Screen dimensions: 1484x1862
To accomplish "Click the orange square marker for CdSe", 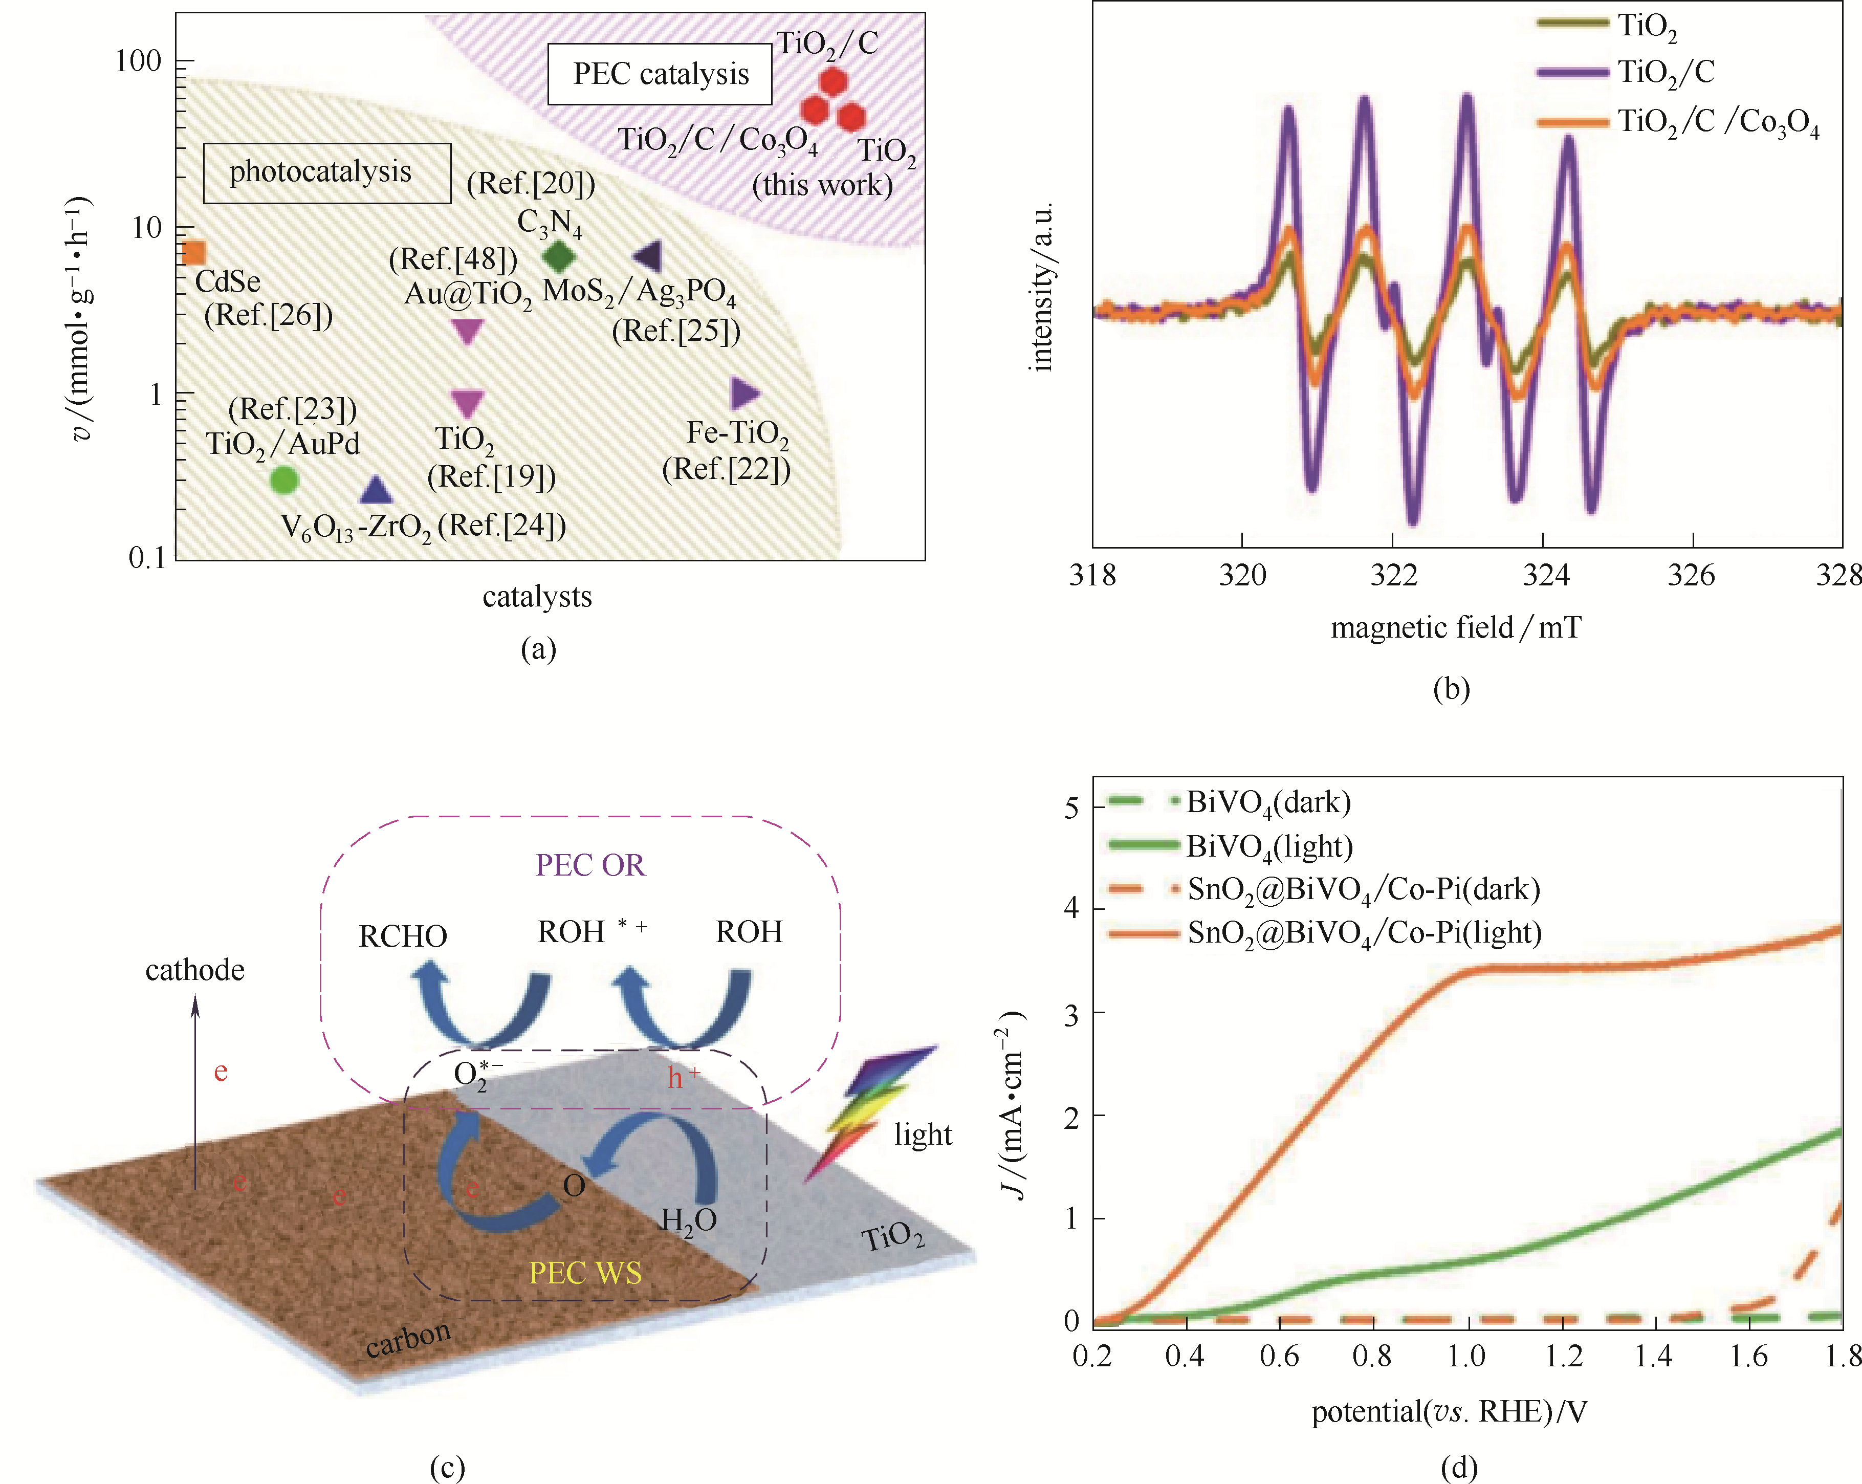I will [195, 252].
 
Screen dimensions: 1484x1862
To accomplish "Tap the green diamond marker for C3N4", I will [558, 256].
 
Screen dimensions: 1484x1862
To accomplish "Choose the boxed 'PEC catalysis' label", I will [661, 74].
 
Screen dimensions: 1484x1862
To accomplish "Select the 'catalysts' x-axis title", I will [537, 596].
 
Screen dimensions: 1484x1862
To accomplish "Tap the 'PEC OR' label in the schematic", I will [590, 865].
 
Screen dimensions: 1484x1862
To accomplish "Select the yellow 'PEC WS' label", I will [585, 1272].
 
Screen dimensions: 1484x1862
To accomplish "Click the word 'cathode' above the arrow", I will [195, 970].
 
